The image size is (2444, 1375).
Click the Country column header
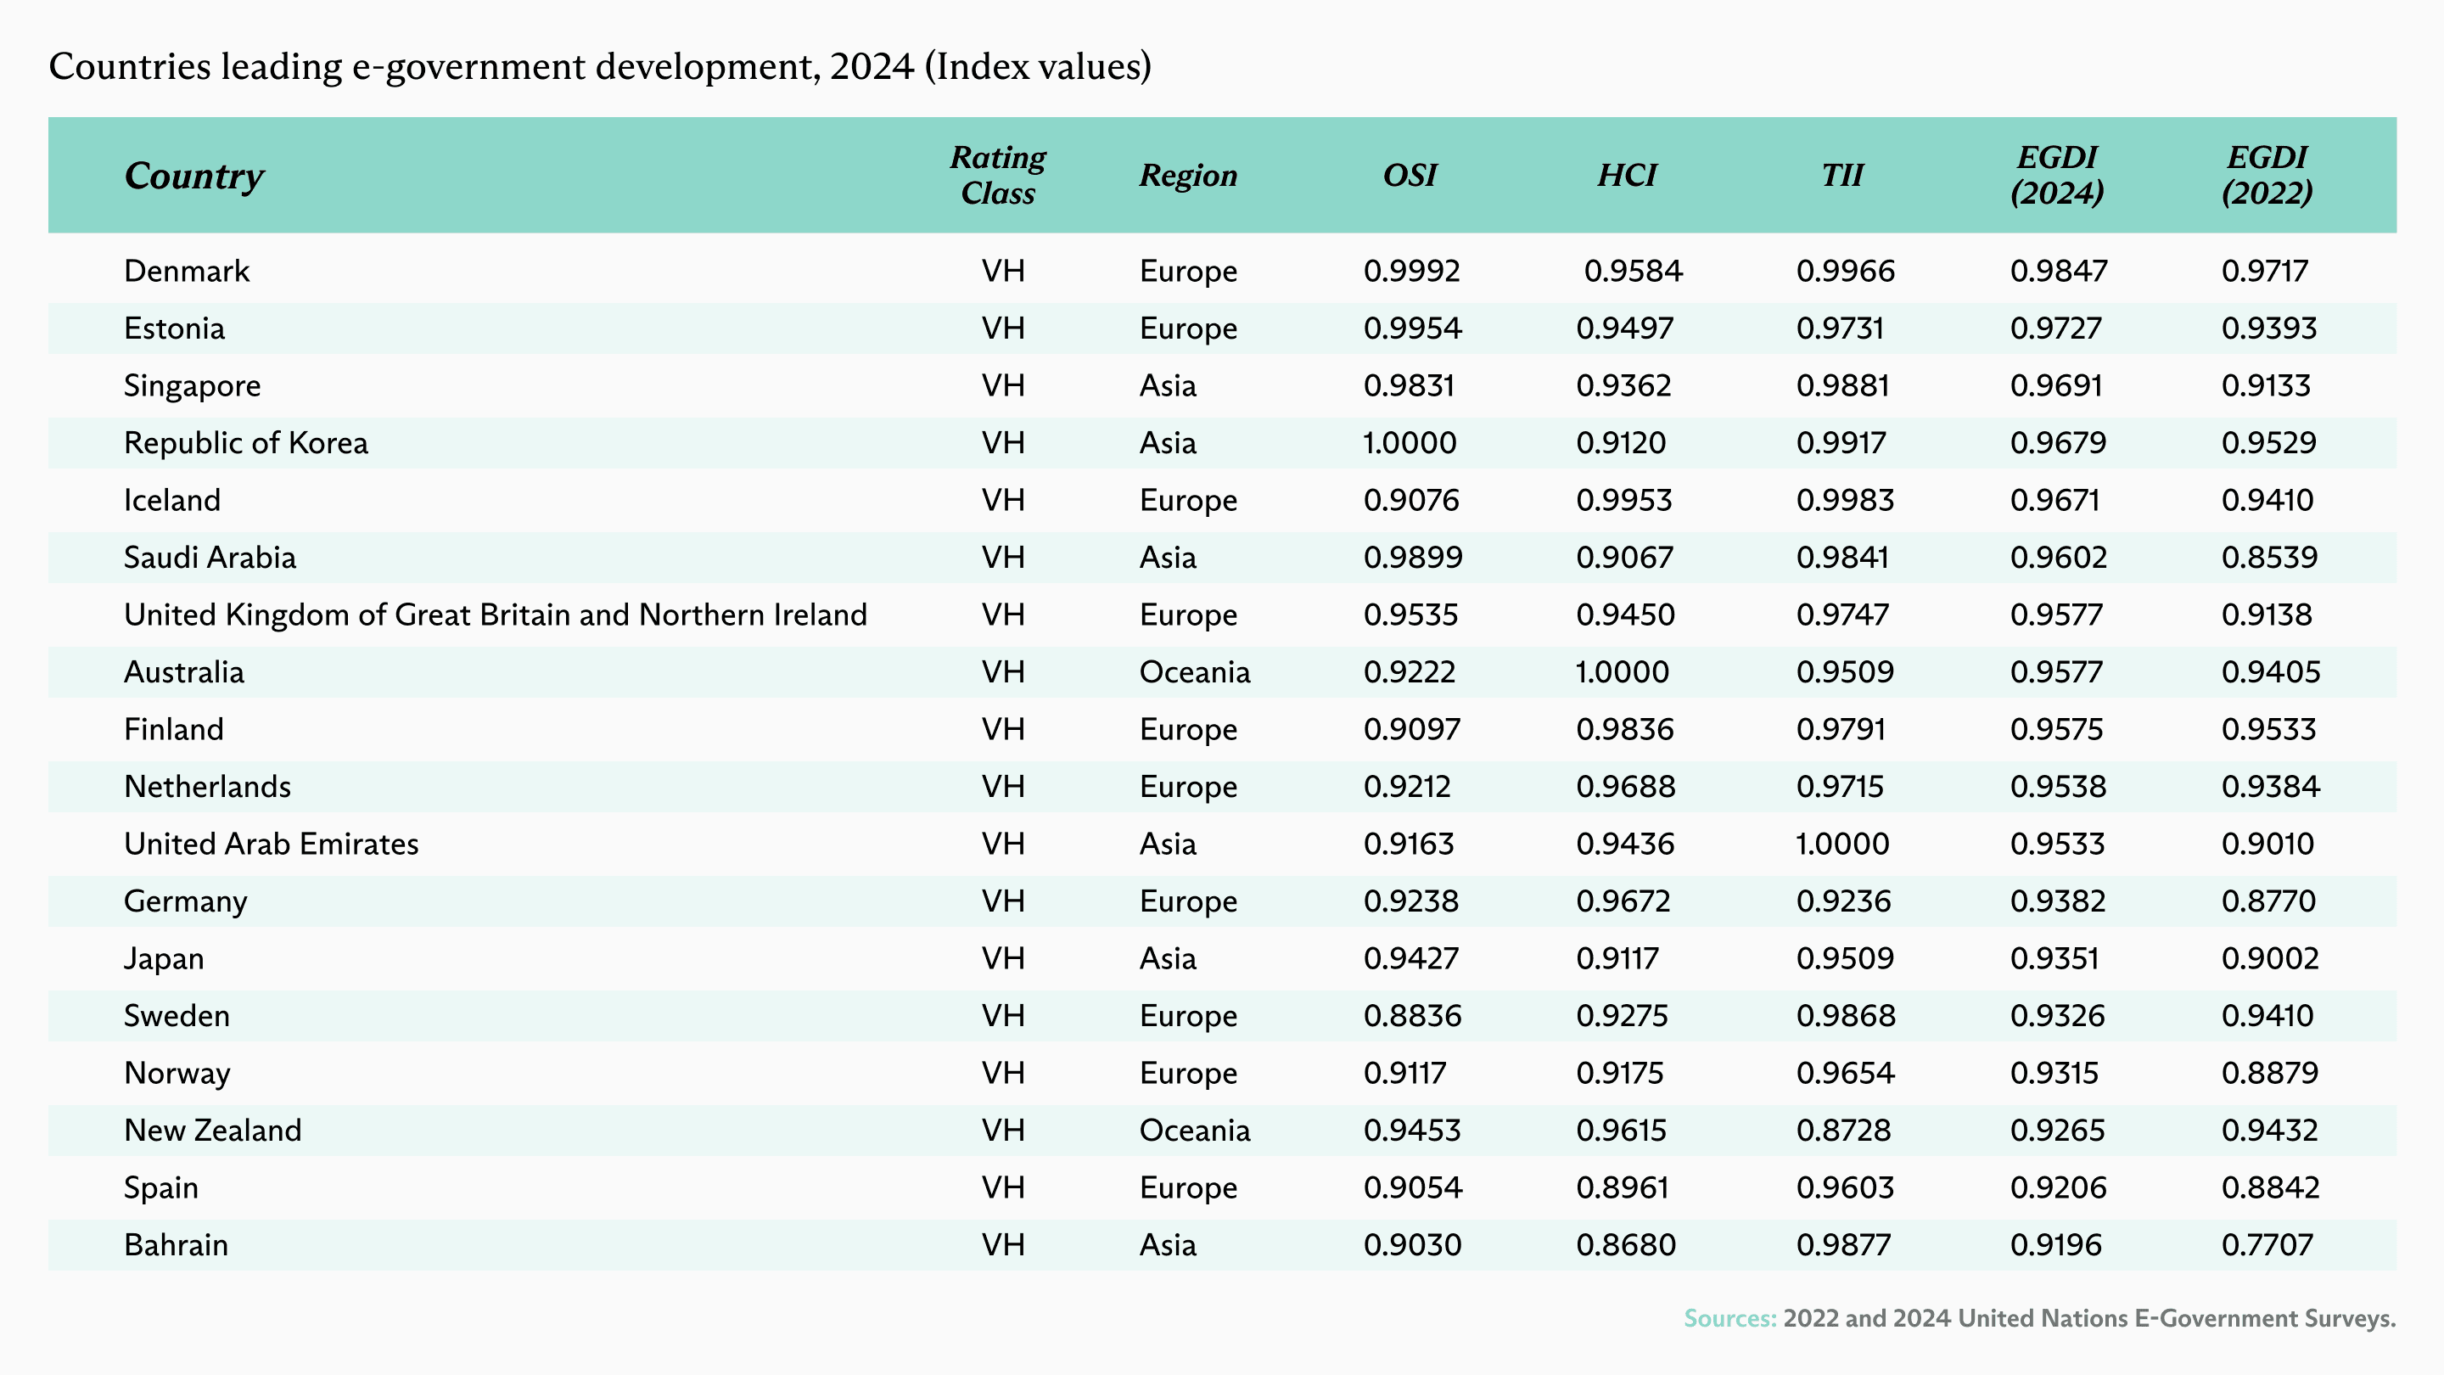(x=194, y=176)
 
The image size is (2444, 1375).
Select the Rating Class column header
(x=998, y=175)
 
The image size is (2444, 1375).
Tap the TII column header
(x=1842, y=175)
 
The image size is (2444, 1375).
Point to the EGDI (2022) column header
(x=2267, y=175)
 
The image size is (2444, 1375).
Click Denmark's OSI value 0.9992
(x=1412, y=272)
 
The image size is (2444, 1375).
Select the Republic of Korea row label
(x=246, y=443)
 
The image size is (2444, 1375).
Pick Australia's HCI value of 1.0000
(x=1623, y=672)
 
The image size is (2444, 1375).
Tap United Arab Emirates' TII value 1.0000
(x=1842, y=844)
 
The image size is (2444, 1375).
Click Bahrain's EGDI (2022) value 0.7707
(x=2267, y=1245)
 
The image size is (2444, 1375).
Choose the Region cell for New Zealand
(x=1195, y=1131)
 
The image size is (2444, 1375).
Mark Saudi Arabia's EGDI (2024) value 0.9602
(x=2059, y=557)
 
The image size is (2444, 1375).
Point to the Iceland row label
(x=171, y=500)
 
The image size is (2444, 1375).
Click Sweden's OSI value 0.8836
(x=1413, y=1015)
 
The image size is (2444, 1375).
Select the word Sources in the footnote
(x=1729, y=1318)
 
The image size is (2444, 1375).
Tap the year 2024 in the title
(x=872, y=66)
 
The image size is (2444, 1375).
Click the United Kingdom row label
(x=496, y=615)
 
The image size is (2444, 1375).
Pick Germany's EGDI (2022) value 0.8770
(x=2268, y=901)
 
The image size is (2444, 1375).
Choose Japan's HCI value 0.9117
(x=1617, y=958)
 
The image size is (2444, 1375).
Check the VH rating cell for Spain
(x=1003, y=1187)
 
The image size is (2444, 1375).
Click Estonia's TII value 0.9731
(x=1840, y=328)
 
